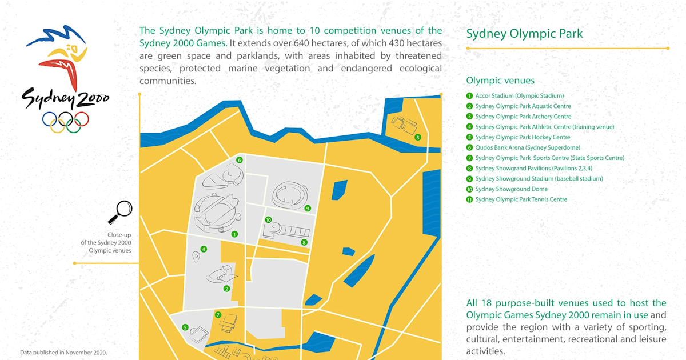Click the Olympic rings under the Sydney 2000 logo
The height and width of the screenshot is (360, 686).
coord(65,121)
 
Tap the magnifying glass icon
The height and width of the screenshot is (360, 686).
coord(120,212)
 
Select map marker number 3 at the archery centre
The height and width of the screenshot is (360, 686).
coord(418,137)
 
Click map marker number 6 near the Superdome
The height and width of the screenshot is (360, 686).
coord(240,160)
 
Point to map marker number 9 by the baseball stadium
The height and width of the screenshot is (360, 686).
coord(308,209)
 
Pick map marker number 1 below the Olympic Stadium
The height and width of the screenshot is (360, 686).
coord(234,234)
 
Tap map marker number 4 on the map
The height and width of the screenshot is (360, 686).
coord(204,249)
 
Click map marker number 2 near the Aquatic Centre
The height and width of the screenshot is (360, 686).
coord(226,289)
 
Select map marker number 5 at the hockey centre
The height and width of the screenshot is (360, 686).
coord(185,327)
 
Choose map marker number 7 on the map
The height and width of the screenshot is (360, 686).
coord(218,315)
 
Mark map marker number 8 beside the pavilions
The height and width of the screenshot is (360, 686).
coord(304,242)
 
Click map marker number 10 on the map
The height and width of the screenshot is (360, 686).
coord(268,220)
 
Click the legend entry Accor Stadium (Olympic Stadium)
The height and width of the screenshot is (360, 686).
coord(519,96)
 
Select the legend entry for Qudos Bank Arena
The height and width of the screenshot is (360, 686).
coord(527,147)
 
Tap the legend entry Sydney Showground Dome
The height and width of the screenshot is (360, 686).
coord(511,189)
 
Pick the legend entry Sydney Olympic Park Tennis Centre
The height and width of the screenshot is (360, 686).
coord(521,199)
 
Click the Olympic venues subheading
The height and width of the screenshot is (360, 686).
coord(500,81)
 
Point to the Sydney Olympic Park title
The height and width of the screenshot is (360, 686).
coord(524,34)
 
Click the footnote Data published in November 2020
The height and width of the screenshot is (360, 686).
coord(63,352)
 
